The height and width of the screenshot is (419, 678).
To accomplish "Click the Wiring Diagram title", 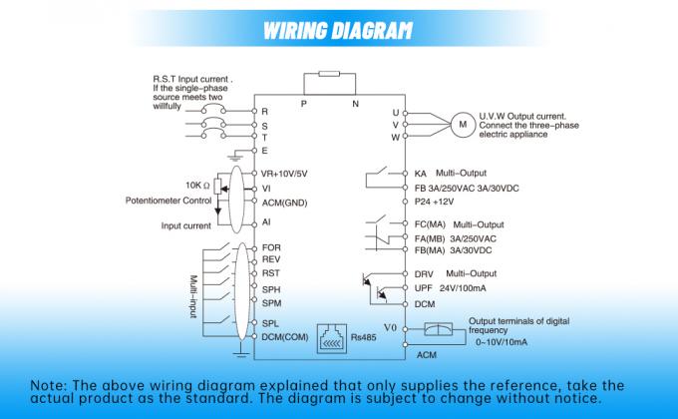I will coord(338,29).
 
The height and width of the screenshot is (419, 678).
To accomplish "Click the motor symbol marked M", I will coord(462,123).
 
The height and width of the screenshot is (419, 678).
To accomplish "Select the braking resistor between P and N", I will coord(329,78).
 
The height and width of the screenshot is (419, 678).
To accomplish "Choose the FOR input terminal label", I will coord(270,246).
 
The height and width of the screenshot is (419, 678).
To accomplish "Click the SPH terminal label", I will coord(271,287).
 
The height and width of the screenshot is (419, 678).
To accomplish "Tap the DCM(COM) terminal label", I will coord(285,336).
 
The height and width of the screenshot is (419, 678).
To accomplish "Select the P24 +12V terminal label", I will coord(441,201).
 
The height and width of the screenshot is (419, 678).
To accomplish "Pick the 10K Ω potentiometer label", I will coord(196,186).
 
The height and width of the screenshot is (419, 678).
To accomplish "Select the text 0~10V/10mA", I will coord(504,342).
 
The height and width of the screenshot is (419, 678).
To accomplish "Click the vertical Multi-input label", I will coord(194,296).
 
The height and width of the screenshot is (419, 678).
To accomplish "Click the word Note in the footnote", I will coord(47,384).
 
